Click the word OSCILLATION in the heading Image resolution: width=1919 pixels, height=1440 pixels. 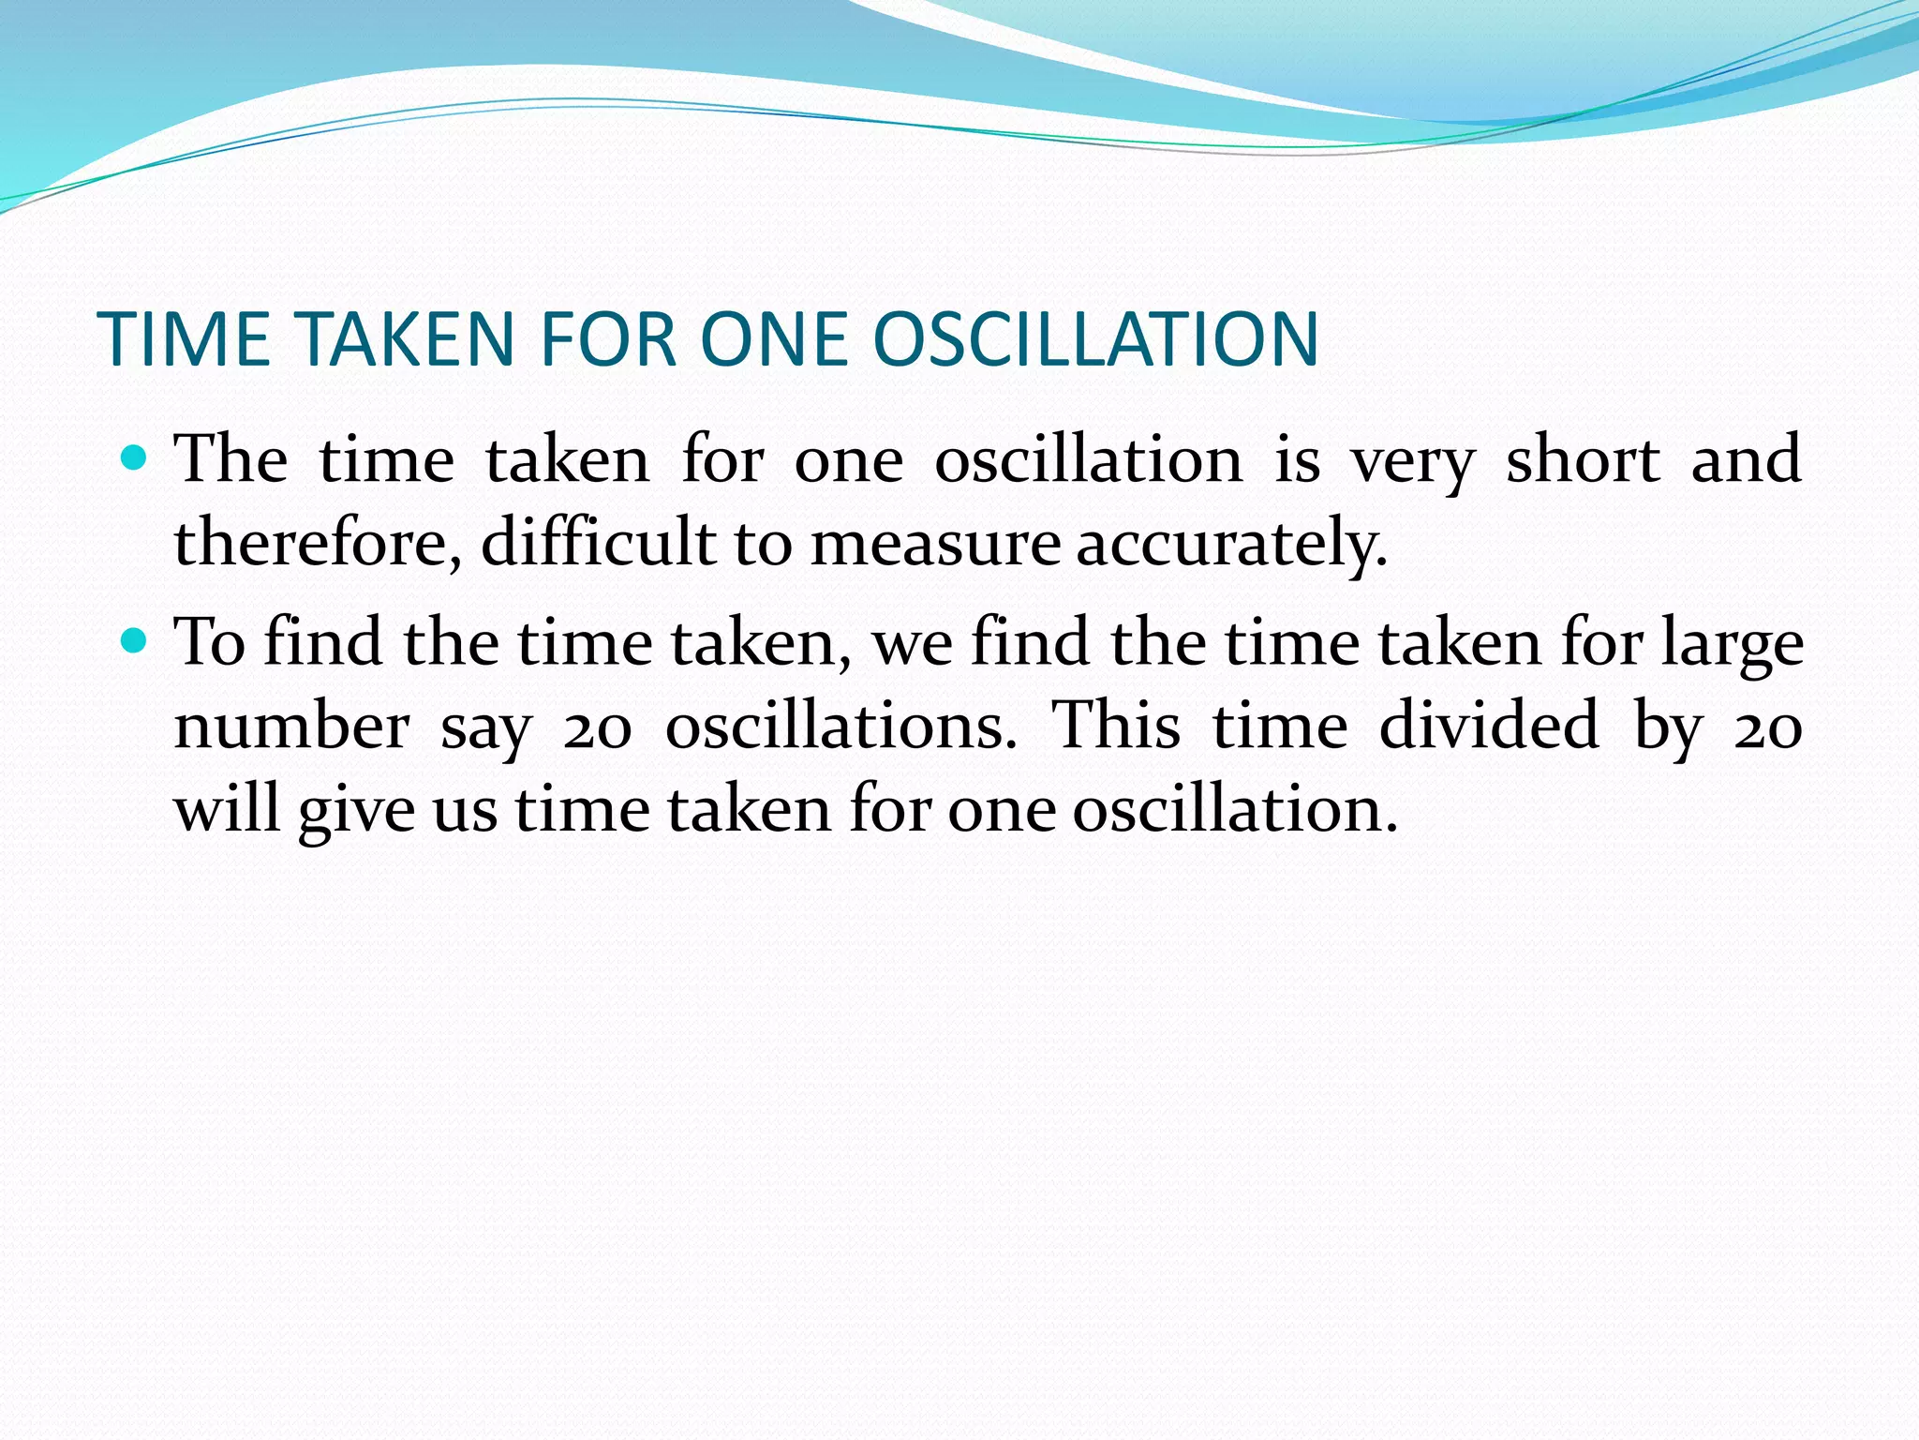pyautogui.click(x=1096, y=339)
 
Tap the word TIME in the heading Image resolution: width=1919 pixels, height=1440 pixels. pyautogui.click(x=184, y=339)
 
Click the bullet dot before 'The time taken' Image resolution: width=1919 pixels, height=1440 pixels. pyautogui.click(x=136, y=458)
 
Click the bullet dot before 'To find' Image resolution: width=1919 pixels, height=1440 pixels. pyautogui.click(x=136, y=641)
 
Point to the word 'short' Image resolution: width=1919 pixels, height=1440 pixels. pyautogui.click(x=1583, y=460)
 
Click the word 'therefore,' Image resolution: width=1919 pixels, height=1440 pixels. pyautogui.click(x=319, y=544)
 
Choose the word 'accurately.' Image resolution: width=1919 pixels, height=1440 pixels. pyautogui.click(x=1230, y=544)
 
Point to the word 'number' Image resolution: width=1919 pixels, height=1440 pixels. pyautogui.click(x=291, y=727)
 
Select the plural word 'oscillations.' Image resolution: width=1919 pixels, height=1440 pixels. pyautogui.click(x=840, y=727)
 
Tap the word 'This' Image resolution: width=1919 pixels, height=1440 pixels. pyautogui.click(x=1115, y=725)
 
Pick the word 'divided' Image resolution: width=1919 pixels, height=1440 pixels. pyautogui.click(x=1489, y=725)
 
